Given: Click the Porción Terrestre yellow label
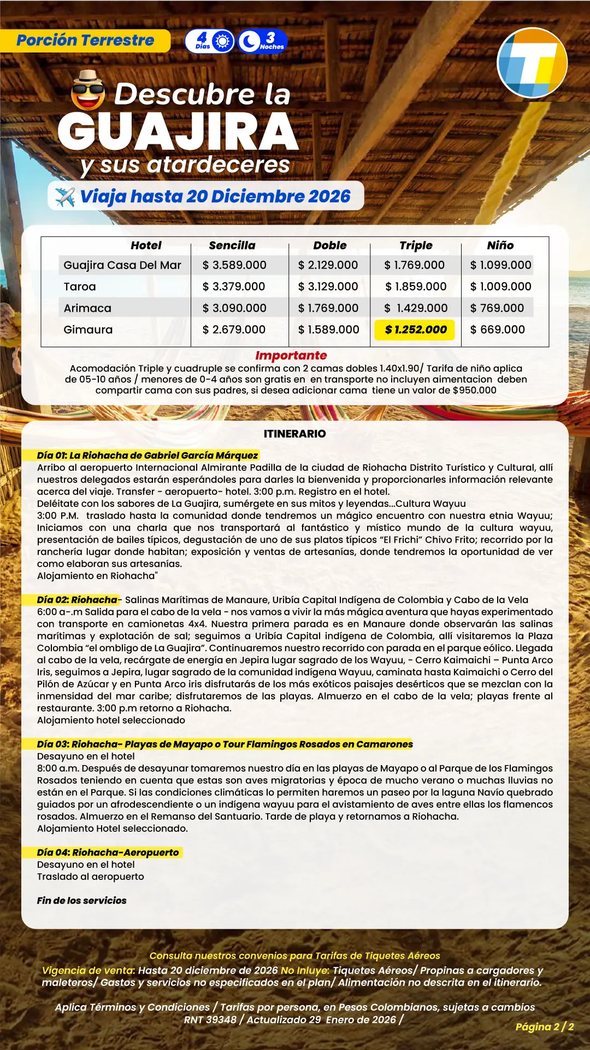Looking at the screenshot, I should (85, 40).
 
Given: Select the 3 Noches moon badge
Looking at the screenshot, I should (262, 41).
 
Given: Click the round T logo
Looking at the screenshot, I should (532, 63).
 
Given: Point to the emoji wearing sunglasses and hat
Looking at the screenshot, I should (88, 91).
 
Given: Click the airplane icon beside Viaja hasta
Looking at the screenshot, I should (65, 197).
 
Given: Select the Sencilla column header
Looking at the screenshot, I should (232, 246).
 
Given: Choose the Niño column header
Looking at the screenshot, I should (500, 246).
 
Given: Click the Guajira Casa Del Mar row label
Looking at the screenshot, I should (122, 265).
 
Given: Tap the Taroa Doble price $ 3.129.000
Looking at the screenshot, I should (328, 287).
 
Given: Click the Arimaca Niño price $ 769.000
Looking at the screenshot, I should (497, 308).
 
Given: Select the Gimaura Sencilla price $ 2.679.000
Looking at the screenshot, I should (234, 330).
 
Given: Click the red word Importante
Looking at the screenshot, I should (291, 355).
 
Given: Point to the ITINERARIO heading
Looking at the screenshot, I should (294, 434).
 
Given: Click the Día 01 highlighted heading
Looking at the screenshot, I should (147, 456).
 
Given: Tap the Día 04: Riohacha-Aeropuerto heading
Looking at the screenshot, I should (108, 853).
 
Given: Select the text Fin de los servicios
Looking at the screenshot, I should (81, 901).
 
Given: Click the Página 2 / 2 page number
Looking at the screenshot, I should (544, 1026).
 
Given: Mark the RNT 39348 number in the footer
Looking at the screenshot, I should (210, 1019).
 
